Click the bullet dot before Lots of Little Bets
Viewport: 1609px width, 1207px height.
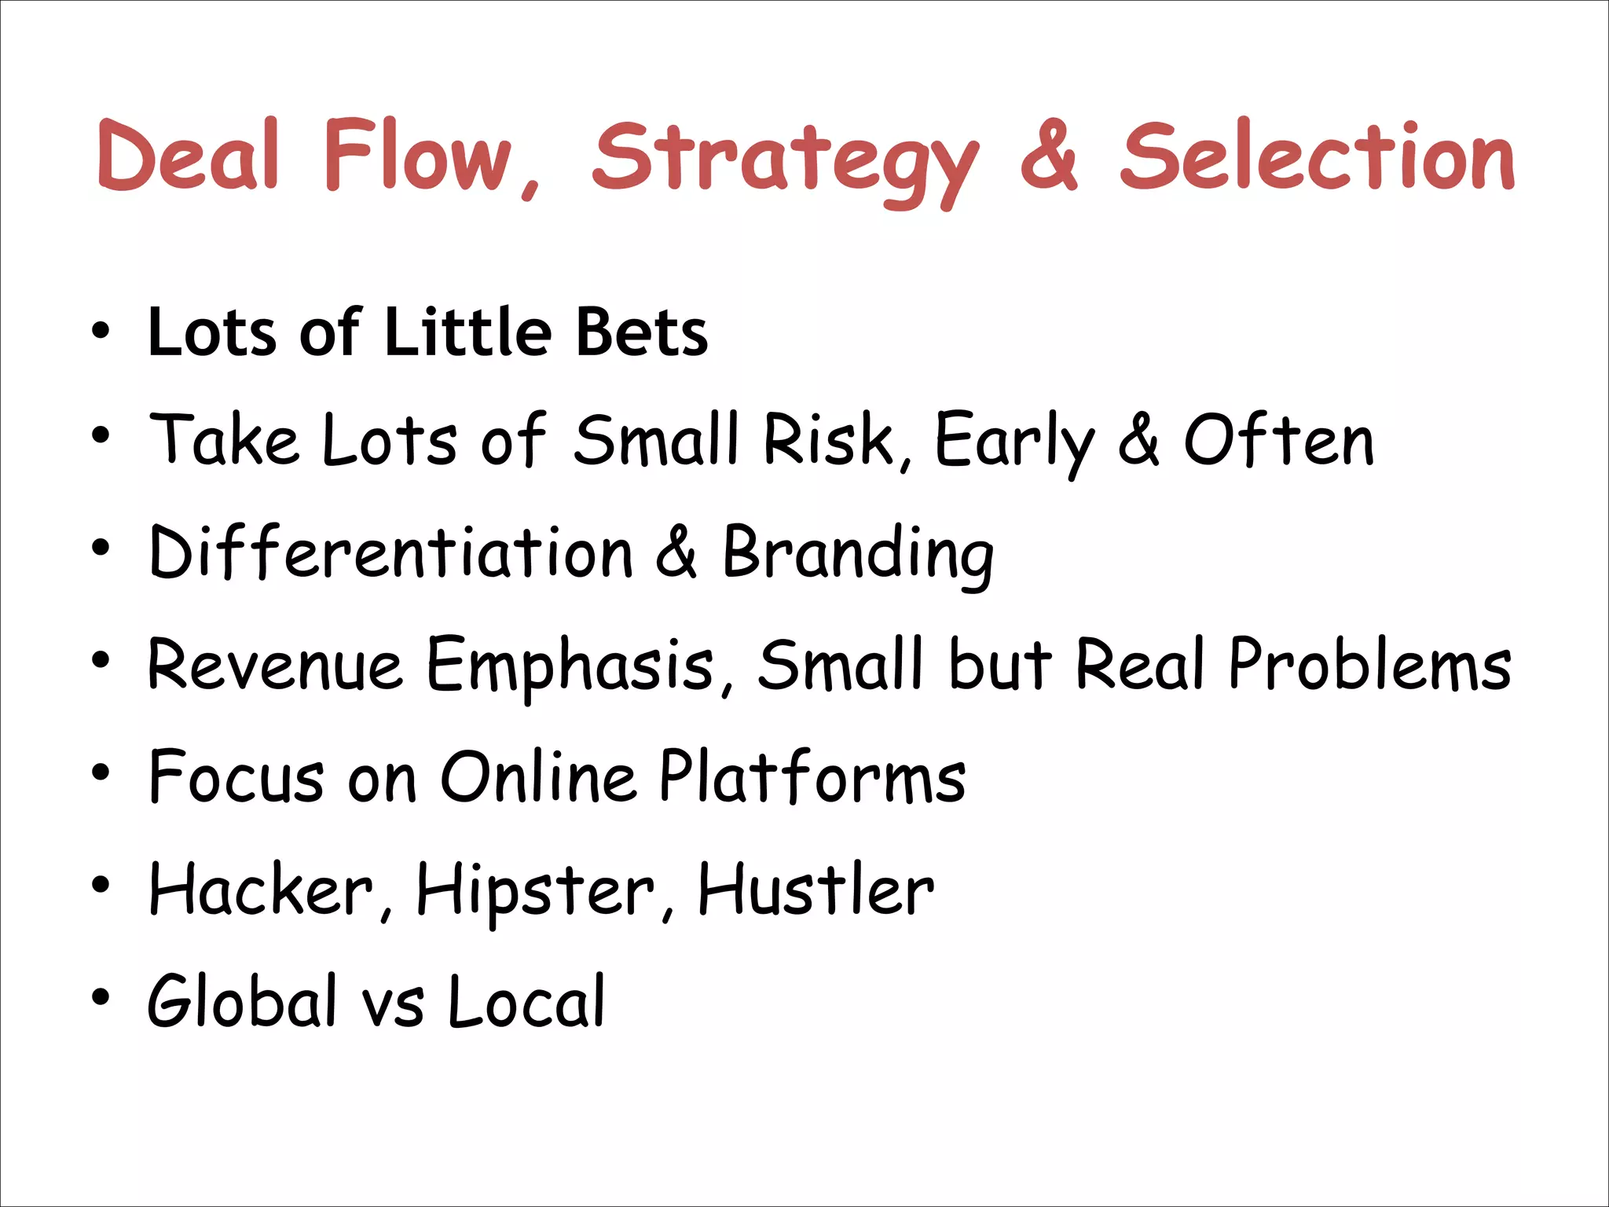coord(100,331)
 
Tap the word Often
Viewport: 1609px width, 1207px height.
coord(1278,439)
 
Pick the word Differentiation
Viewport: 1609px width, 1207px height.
coord(390,552)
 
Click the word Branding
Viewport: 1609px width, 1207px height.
coord(858,553)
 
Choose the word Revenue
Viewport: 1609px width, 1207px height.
coord(275,665)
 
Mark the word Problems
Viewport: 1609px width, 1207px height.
coord(1370,665)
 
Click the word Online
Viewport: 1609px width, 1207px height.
coord(537,776)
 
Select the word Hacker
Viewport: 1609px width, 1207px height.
coord(261,889)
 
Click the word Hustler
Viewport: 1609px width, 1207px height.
coord(815,889)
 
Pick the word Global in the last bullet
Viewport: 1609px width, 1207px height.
coord(241,1000)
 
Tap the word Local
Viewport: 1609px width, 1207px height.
coord(526,1000)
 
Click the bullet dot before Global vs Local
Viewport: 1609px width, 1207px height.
coord(100,998)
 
